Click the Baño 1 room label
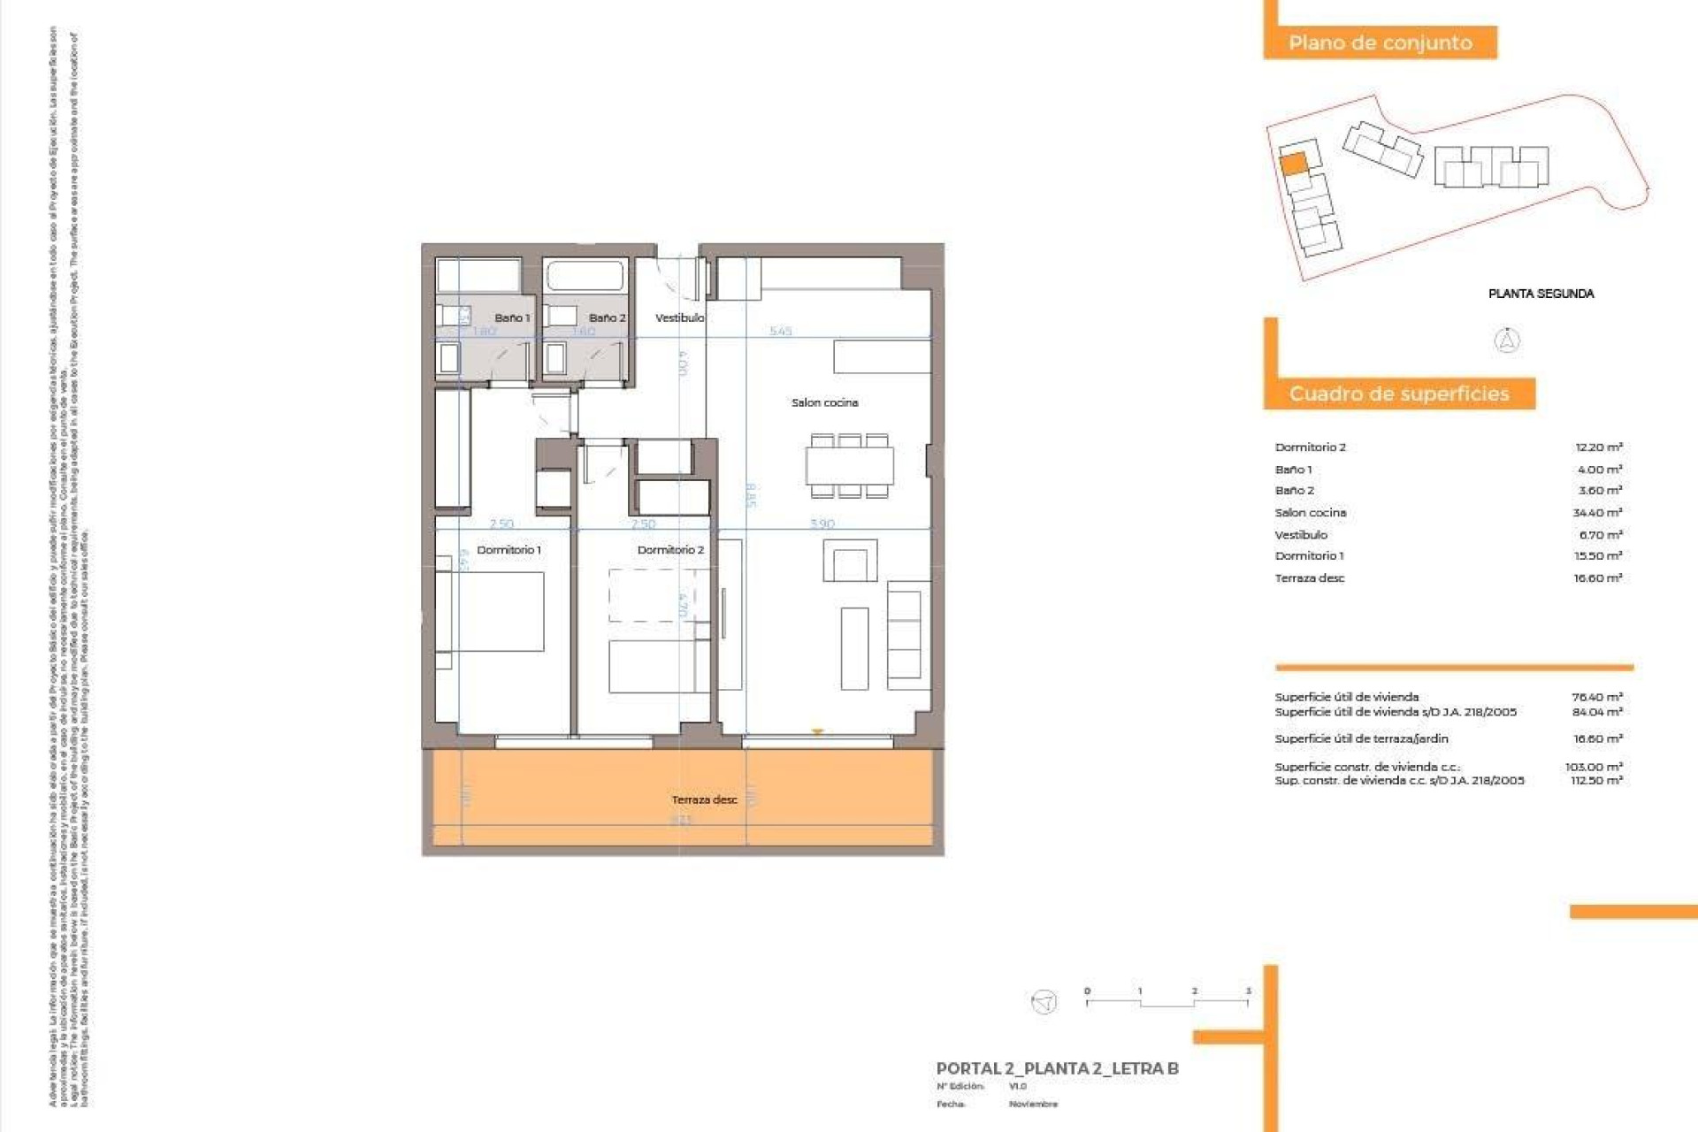(x=512, y=317)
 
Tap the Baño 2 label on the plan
(x=607, y=317)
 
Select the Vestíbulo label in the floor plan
(x=679, y=317)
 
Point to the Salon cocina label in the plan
(x=824, y=402)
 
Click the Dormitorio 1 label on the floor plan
(x=509, y=550)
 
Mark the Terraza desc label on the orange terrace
(x=704, y=799)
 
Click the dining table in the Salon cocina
(x=849, y=466)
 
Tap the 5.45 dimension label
(x=780, y=331)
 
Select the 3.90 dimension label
(x=822, y=524)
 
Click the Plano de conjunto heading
(x=1380, y=42)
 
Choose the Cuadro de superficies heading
(x=1399, y=394)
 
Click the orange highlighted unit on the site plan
(x=1293, y=164)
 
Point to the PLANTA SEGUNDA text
(x=1541, y=294)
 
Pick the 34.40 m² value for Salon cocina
(x=1597, y=513)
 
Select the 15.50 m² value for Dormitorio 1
(x=1597, y=556)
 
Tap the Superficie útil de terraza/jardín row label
(x=1361, y=738)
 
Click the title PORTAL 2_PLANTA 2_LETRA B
(x=1057, y=1068)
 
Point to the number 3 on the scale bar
(x=1248, y=991)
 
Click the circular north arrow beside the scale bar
(x=1044, y=1002)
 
